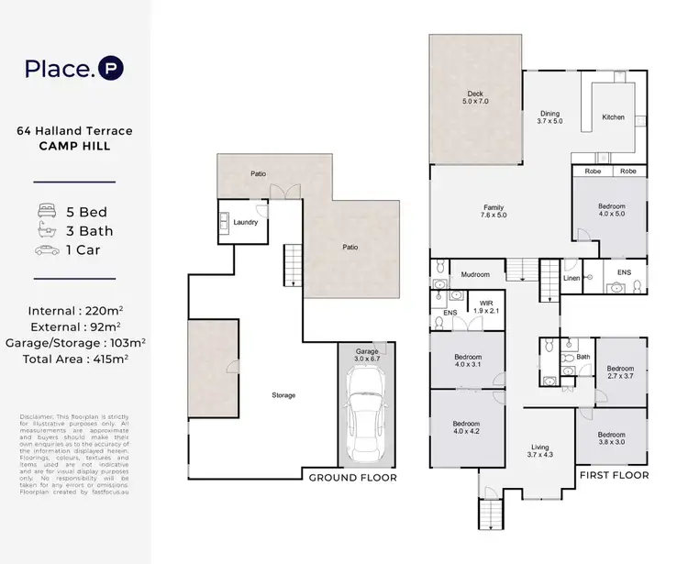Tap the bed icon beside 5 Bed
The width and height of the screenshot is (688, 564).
(x=47, y=208)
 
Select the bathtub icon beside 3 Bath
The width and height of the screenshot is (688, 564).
(x=47, y=229)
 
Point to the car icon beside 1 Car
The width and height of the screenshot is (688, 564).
(x=47, y=250)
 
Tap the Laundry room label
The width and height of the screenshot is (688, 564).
(x=246, y=222)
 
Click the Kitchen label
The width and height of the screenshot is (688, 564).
(x=613, y=117)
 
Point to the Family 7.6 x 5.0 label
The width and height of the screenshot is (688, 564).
(x=494, y=211)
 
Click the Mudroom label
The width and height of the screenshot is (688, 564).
(x=475, y=274)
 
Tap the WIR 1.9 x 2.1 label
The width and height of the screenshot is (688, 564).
(x=487, y=306)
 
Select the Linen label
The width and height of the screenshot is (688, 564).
(x=571, y=277)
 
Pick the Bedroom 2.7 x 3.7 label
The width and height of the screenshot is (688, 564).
(x=621, y=371)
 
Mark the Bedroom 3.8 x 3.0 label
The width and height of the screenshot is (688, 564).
(x=611, y=438)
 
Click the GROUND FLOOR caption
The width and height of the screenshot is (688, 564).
(x=352, y=478)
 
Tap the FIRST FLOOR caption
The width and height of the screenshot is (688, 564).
(x=614, y=475)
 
